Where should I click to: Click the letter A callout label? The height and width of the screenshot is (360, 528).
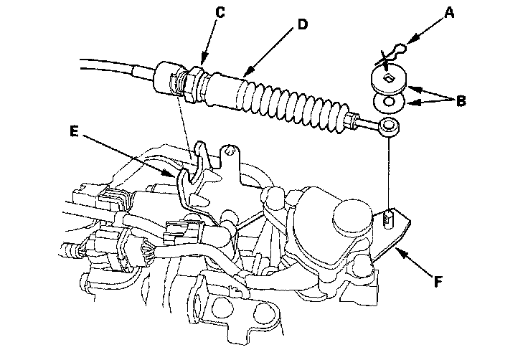(x=449, y=13)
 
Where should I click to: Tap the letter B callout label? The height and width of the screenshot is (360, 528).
(x=461, y=100)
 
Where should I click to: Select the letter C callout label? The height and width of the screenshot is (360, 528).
(x=220, y=12)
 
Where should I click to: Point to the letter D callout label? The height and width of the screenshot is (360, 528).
(x=303, y=24)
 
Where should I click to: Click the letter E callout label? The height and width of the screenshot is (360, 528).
(x=74, y=131)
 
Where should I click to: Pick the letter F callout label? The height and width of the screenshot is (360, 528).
(x=438, y=282)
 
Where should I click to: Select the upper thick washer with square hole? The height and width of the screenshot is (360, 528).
(x=389, y=81)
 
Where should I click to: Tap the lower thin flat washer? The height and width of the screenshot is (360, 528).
(x=390, y=103)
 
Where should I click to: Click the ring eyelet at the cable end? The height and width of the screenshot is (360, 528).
(x=390, y=127)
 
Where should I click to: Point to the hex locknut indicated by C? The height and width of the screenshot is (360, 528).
(x=194, y=84)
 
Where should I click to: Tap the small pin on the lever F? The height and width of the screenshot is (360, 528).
(x=389, y=219)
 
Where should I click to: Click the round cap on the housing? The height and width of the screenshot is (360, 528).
(x=352, y=217)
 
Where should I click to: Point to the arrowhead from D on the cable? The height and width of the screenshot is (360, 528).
(x=247, y=72)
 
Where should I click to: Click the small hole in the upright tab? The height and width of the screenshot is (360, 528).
(x=230, y=151)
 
